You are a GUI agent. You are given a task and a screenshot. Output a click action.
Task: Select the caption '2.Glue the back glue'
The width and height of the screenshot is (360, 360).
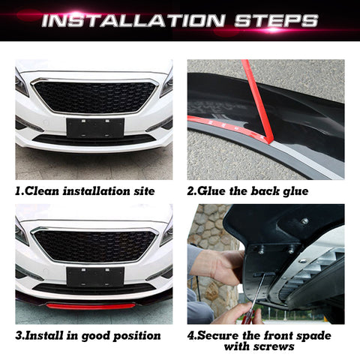tap(247, 191)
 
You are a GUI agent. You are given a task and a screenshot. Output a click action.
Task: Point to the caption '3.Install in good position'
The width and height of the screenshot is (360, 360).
tap(88, 335)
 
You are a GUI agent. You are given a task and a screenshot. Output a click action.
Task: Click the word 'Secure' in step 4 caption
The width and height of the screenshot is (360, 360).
tap(222, 335)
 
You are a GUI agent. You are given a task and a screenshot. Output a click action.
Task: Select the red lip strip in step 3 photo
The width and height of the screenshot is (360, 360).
tap(91, 306)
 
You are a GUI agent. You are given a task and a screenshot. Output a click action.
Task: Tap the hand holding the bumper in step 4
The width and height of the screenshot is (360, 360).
tap(221, 266)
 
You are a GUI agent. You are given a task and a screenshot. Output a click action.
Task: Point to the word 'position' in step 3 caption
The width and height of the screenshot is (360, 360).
tap(134, 335)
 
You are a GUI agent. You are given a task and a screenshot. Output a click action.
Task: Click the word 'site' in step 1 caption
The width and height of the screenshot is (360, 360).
tap(142, 191)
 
